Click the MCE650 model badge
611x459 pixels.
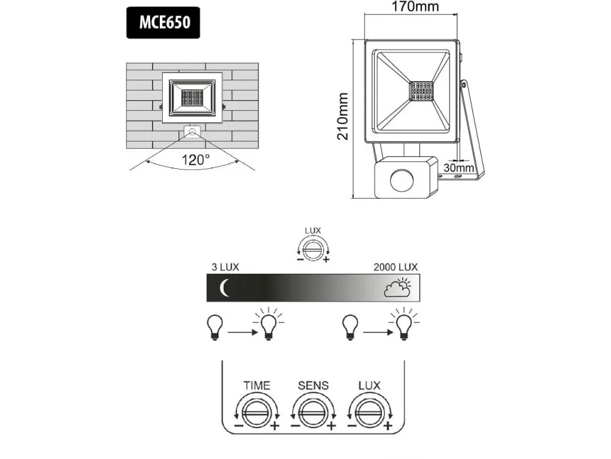[163, 22]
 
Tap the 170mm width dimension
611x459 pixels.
[415, 6]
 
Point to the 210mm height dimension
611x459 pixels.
[342, 116]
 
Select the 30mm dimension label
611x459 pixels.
[458, 168]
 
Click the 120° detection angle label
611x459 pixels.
[196, 159]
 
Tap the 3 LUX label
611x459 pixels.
[225, 267]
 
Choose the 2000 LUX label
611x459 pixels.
[396, 267]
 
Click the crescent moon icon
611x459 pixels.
[224, 288]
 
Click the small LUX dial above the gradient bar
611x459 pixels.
[313, 249]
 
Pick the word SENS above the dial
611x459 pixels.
[314, 386]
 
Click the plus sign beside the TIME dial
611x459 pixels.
[275, 425]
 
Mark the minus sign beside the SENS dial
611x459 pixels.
[296, 425]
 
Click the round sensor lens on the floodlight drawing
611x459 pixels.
[402, 180]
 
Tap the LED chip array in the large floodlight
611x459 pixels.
[422, 90]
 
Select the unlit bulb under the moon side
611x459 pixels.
[215, 327]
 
